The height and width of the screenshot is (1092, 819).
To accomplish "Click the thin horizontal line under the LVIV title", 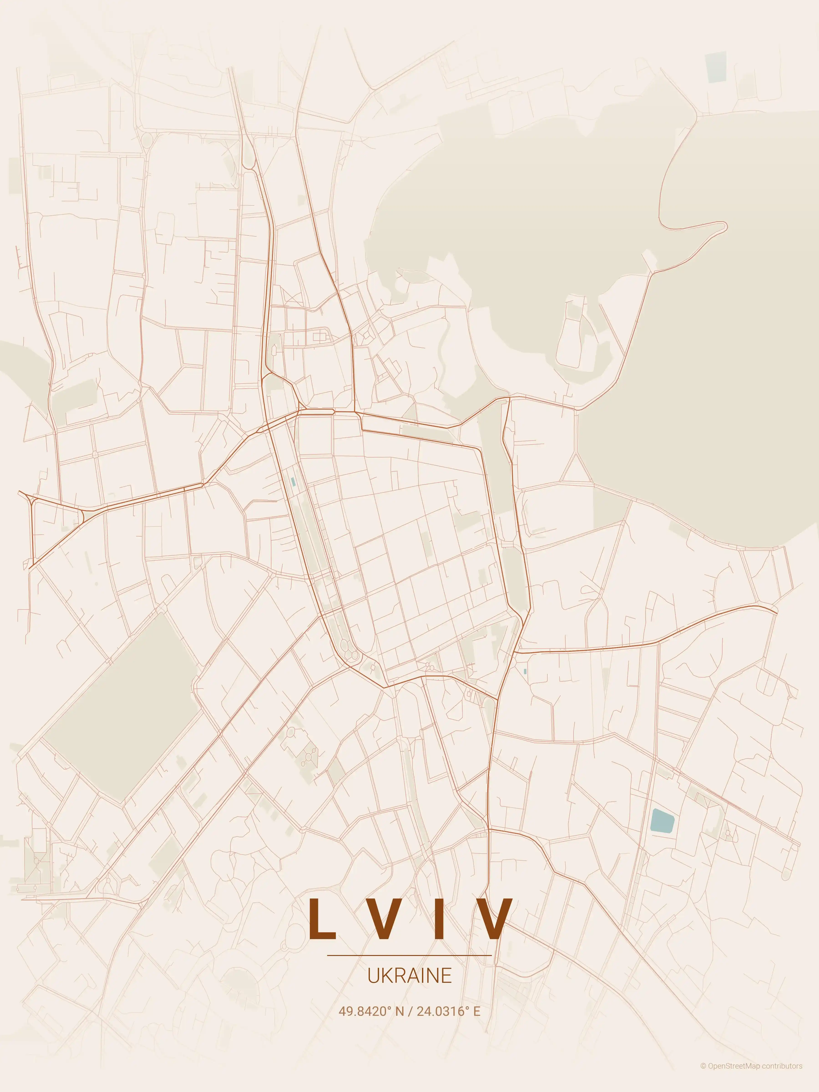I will coord(409,955).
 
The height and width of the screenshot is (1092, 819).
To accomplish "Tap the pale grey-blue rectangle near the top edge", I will coord(716,67).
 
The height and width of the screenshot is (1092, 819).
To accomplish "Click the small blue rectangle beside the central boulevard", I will coord(293,481).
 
